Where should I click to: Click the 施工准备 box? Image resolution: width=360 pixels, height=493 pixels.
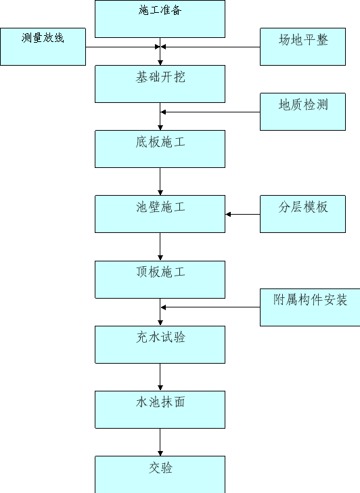(160, 19)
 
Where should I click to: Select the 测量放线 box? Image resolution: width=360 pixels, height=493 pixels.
(43, 47)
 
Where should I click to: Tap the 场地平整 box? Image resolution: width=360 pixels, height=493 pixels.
(303, 47)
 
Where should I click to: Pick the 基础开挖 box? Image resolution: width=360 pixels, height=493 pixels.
(160, 84)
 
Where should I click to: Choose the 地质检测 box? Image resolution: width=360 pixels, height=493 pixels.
(303, 112)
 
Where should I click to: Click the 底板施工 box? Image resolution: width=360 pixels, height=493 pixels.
(160, 149)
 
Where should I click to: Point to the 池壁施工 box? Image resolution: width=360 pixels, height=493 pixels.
(160, 214)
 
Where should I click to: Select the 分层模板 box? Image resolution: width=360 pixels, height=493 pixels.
(303, 214)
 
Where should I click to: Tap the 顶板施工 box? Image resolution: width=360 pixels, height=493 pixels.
(160, 280)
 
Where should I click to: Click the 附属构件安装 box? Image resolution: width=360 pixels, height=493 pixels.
(310, 307)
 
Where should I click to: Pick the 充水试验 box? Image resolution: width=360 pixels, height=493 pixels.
(160, 345)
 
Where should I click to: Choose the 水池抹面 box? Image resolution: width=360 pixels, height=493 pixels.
(160, 410)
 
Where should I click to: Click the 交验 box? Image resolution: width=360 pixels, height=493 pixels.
(160, 475)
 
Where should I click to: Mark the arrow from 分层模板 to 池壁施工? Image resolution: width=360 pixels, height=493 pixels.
(242, 215)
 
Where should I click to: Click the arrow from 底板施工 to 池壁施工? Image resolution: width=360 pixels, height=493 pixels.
(160, 181)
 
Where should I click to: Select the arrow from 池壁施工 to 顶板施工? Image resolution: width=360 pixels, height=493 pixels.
(160, 246)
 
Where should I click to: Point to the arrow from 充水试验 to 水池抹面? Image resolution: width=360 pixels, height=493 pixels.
(160, 377)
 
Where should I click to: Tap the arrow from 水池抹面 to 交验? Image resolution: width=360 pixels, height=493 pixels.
(160, 442)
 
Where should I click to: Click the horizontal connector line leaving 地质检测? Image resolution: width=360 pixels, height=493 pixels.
(210, 112)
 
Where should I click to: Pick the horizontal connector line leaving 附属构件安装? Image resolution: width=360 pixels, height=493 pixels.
(210, 307)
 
